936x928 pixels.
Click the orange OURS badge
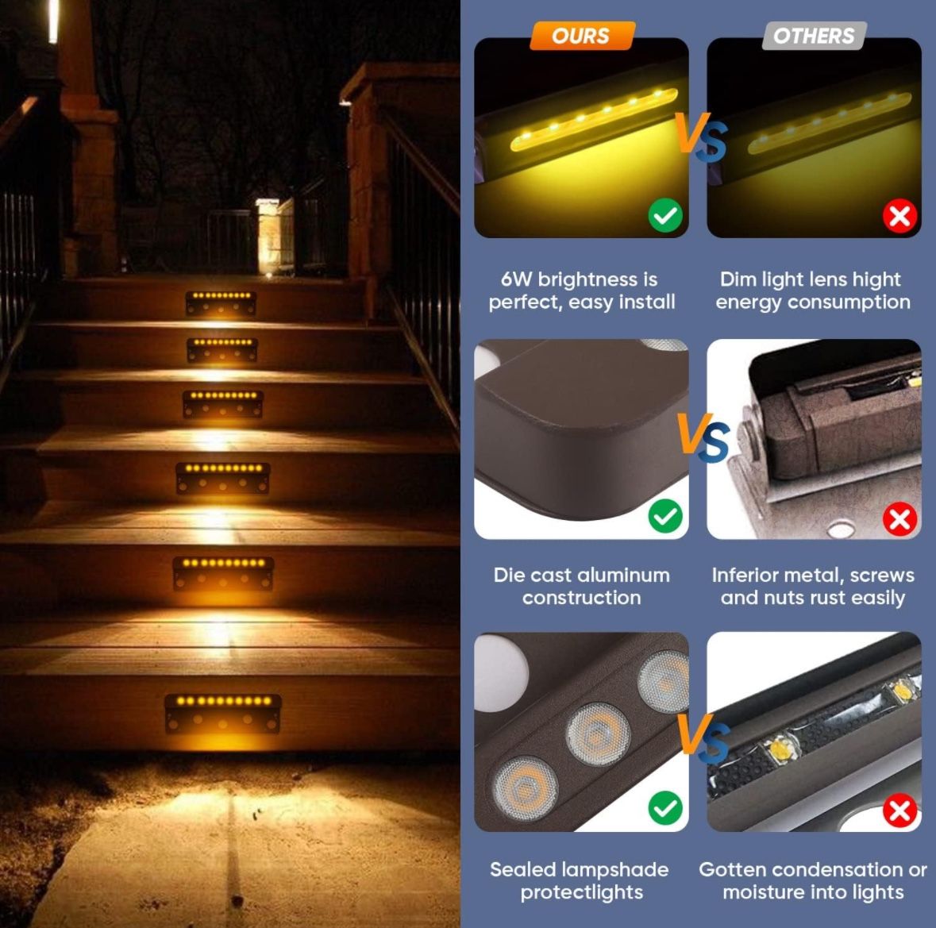[x=582, y=36]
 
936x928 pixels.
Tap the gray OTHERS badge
[x=815, y=36]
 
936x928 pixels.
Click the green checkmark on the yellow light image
[x=665, y=215]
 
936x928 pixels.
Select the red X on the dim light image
[x=899, y=215]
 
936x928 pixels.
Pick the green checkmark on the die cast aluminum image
[x=665, y=516]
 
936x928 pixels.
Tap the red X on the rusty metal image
[x=899, y=519]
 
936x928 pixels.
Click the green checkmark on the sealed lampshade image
[x=665, y=808]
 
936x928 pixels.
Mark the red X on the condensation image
[x=899, y=811]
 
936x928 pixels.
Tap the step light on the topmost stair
[x=221, y=302]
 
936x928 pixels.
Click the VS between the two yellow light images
[x=701, y=137]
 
